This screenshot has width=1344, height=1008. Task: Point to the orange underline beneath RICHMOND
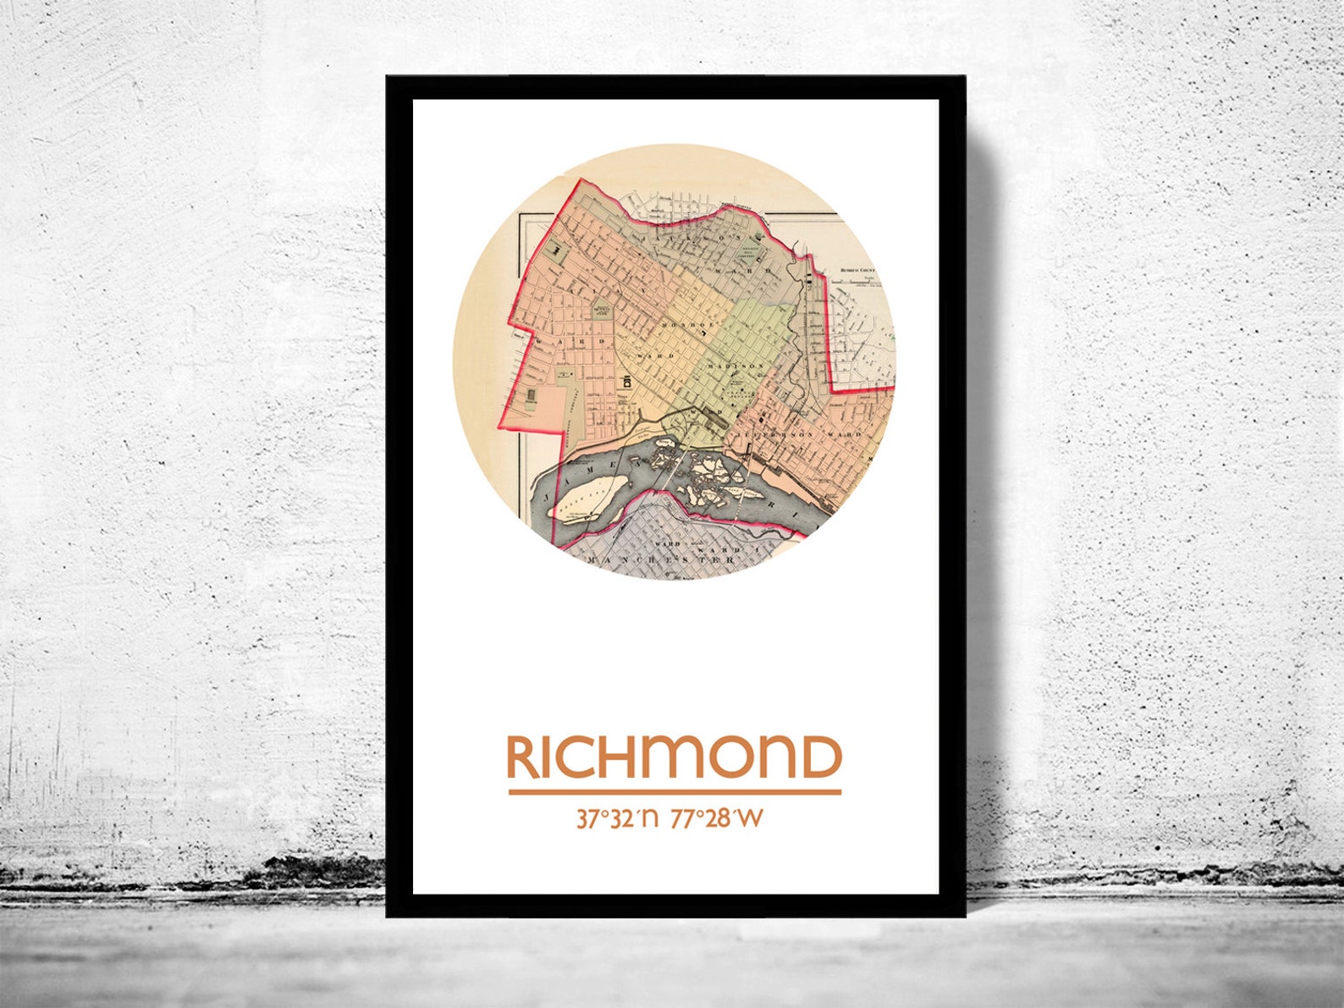click(x=675, y=792)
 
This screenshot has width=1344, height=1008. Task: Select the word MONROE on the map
click(x=684, y=325)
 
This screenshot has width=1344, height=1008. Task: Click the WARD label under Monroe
click(x=661, y=356)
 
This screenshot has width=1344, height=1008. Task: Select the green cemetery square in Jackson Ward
click(x=745, y=255)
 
